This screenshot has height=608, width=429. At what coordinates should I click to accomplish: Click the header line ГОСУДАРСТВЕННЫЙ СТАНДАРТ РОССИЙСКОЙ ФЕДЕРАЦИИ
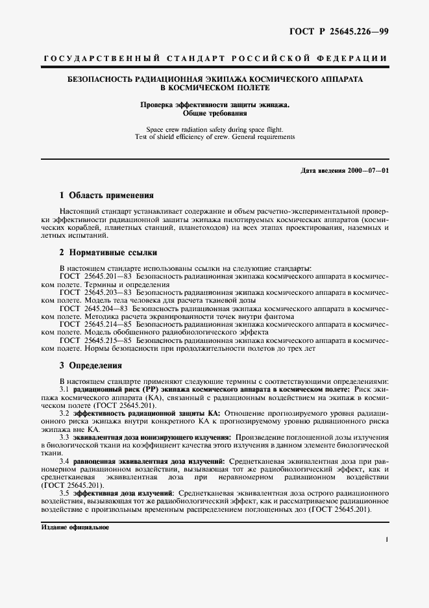[215, 58]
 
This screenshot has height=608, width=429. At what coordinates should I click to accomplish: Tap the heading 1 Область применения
[106, 195]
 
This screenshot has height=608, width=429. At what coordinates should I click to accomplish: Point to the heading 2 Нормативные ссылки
[108, 253]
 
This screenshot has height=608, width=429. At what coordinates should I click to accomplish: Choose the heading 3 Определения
[90, 366]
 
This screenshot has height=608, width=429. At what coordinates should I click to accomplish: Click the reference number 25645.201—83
[108, 277]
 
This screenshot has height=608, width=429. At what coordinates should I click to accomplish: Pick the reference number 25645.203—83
[108, 293]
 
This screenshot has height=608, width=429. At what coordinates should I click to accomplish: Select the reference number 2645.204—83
[106, 309]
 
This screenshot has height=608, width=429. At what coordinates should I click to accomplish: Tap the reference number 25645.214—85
[108, 324]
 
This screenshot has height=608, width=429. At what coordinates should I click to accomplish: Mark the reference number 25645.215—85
[108, 340]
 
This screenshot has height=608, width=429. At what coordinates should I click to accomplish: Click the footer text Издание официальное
[71, 527]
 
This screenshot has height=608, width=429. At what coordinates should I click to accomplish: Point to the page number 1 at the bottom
[386, 540]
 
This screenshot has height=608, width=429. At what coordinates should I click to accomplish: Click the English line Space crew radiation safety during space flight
[215, 129]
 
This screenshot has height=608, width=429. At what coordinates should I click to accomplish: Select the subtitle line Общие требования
[215, 112]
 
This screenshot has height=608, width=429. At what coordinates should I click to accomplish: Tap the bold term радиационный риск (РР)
[106, 388]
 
